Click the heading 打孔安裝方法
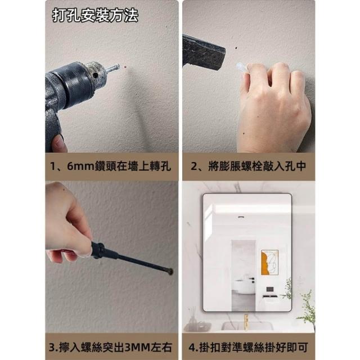point(95,15)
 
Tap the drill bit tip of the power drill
point(118,66)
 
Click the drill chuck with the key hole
point(96,74)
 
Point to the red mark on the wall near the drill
point(125,67)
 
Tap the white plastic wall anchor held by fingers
point(241,68)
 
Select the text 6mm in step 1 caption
point(81,166)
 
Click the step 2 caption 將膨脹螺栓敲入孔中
point(257,166)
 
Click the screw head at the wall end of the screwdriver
point(170,272)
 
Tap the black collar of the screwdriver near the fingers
point(99,250)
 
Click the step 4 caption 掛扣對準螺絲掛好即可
point(253,348)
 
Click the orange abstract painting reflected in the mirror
point(269,262)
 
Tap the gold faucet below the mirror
point(246,322)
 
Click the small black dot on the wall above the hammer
point(236,48)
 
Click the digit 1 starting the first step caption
point(53,166)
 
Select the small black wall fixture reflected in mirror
point(269,289)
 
